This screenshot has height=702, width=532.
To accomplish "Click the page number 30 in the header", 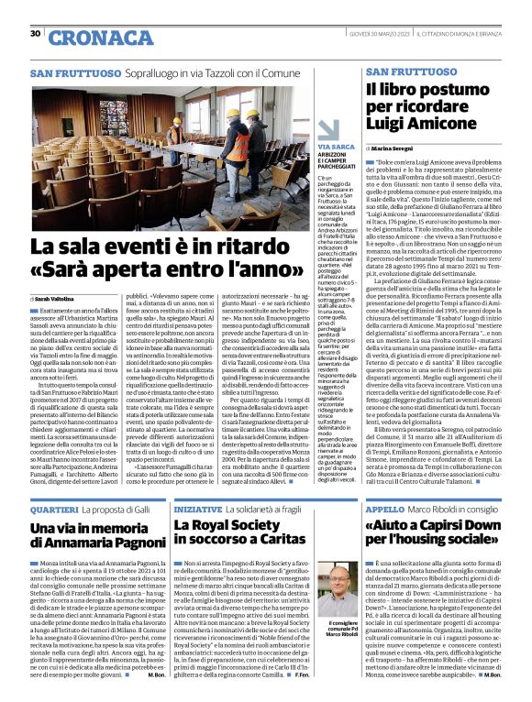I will (x=35, y=34).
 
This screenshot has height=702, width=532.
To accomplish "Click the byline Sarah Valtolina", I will (x=59, y=298).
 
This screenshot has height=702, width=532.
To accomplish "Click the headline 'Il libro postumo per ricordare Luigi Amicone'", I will (x=423, y=107).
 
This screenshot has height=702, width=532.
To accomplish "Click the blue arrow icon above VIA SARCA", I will (x=330, y=129).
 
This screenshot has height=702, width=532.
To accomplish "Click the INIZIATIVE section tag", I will (x=197, y=509).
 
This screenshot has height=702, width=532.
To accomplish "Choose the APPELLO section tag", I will (x=385, y=509).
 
